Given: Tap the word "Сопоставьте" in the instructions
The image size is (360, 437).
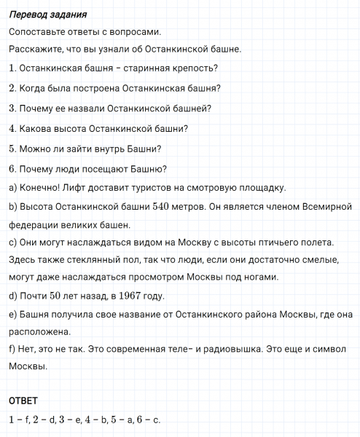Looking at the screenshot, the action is coord(41,32).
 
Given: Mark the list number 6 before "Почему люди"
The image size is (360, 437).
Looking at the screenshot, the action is coord(12,169).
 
